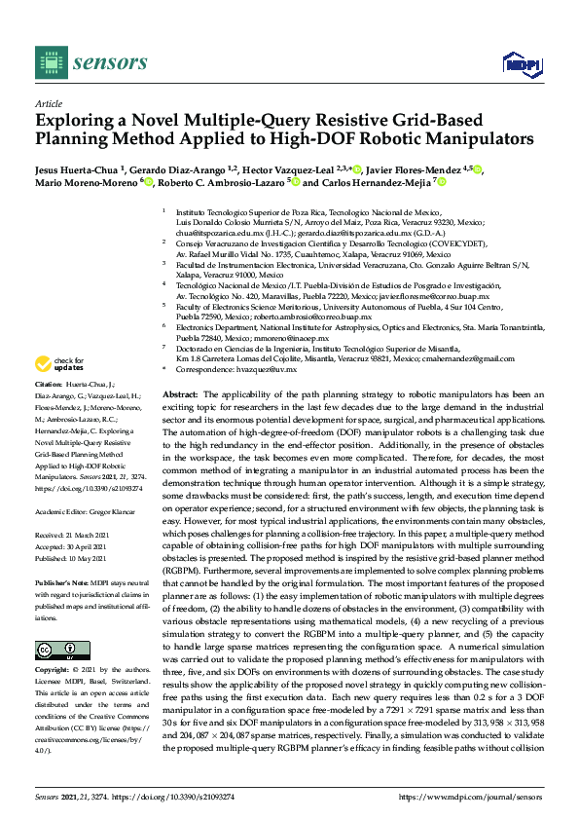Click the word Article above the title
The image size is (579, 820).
point(48,102)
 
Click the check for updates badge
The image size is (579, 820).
point(60,364)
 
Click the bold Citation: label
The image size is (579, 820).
point(52,386)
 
